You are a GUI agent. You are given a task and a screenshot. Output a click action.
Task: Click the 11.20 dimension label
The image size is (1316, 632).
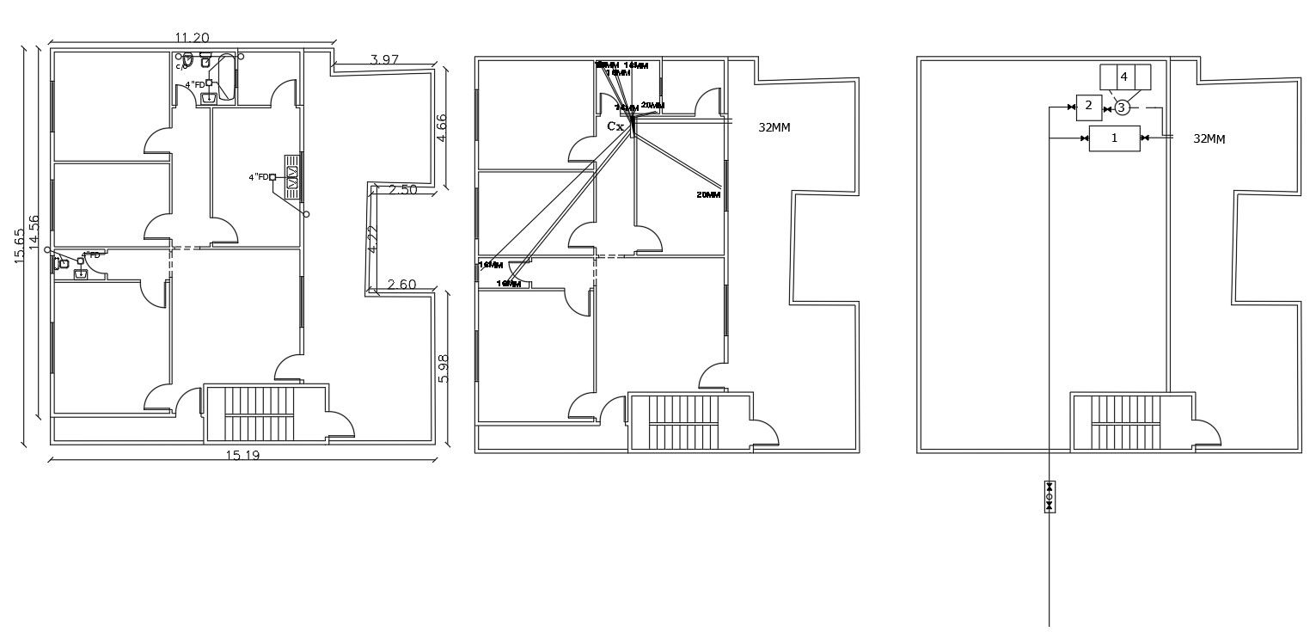[192, 37]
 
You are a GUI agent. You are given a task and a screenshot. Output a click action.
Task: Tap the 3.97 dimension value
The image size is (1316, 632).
[384, 59]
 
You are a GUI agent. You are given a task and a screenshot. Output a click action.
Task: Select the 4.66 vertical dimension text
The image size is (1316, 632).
[442, 128]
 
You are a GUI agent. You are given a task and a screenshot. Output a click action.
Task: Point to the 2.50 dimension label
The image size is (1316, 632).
[401, 190]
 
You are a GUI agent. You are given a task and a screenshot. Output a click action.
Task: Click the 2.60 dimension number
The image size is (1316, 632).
[402, 285]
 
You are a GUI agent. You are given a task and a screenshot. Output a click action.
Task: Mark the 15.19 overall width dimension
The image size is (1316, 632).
[242, 455]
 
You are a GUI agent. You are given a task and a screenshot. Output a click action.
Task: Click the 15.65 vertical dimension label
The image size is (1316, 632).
[20, 246]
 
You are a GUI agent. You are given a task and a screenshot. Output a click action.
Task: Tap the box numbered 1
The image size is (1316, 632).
[1114, 138]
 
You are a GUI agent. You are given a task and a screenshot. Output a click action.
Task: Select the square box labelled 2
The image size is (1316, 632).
[1088, 107]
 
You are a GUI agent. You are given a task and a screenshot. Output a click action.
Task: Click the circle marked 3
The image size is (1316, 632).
[1121, 107]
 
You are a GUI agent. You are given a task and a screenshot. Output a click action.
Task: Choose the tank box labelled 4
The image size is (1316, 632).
[1124, 77]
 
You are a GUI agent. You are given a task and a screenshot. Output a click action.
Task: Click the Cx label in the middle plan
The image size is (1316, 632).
[615, 126]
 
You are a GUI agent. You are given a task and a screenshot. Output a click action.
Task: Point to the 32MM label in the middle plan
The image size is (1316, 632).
[774, 127]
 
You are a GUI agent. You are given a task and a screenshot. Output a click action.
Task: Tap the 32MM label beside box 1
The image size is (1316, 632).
[1209, 138]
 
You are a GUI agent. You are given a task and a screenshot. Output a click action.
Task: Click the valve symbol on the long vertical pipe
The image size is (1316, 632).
[1049, 496]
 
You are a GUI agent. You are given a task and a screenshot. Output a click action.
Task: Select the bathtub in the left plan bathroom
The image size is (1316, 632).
[226, 77]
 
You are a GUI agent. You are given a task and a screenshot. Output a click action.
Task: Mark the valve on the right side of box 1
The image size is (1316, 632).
[1145, 138]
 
